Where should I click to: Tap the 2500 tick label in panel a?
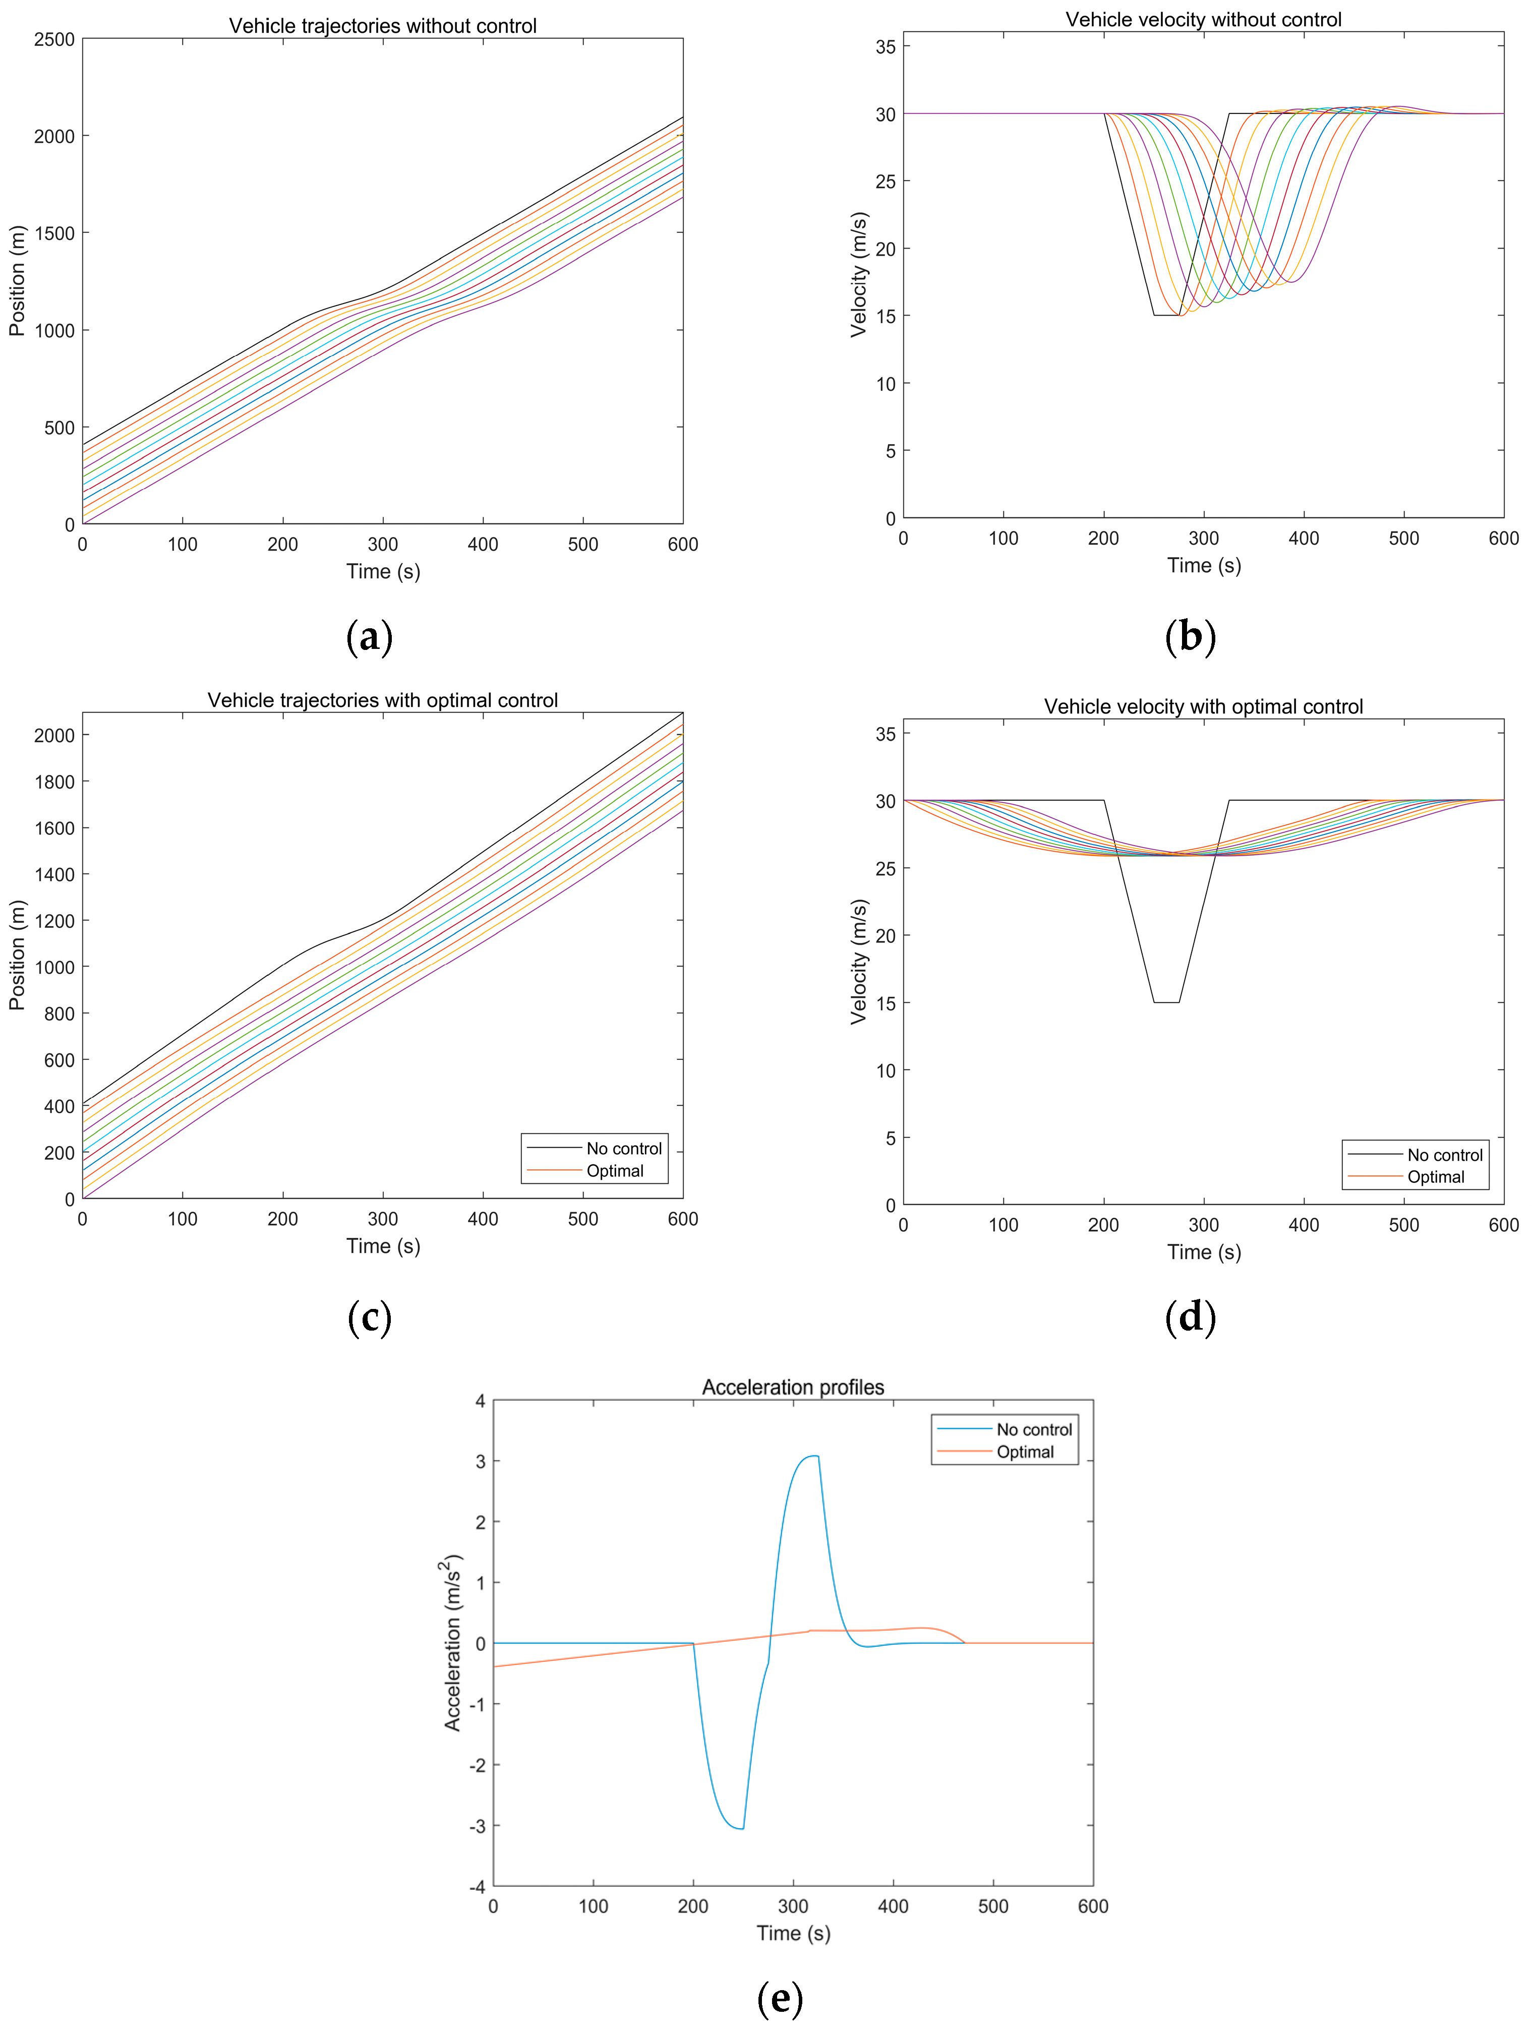click(54, 39)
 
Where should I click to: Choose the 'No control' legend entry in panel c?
click(623, 1148)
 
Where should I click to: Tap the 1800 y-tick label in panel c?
click(54, 781)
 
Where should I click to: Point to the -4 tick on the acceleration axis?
click(477, 1886)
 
